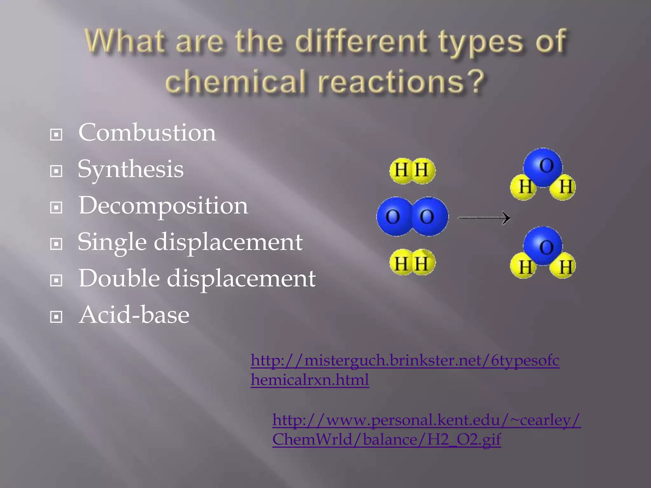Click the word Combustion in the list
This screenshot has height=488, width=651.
[147, 132]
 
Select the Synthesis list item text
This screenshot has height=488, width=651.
[130, 169]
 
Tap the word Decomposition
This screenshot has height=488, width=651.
[163, 206]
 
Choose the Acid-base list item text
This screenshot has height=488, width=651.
[134, 315]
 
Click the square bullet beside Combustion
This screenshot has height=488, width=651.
[56, 135]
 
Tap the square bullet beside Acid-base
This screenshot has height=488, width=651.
[56, 317]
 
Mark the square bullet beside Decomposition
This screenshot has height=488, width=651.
[56, 208]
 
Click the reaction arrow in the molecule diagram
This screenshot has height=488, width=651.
[484, 218]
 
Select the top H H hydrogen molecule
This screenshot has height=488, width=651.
[412, 171]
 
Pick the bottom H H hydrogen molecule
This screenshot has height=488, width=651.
[412, 262]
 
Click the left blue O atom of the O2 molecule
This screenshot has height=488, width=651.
[394, 217]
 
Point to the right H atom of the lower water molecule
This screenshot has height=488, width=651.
[564, 266]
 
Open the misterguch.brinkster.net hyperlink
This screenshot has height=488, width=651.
[405, 361]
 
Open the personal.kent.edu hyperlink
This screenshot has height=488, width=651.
[426, 420]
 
